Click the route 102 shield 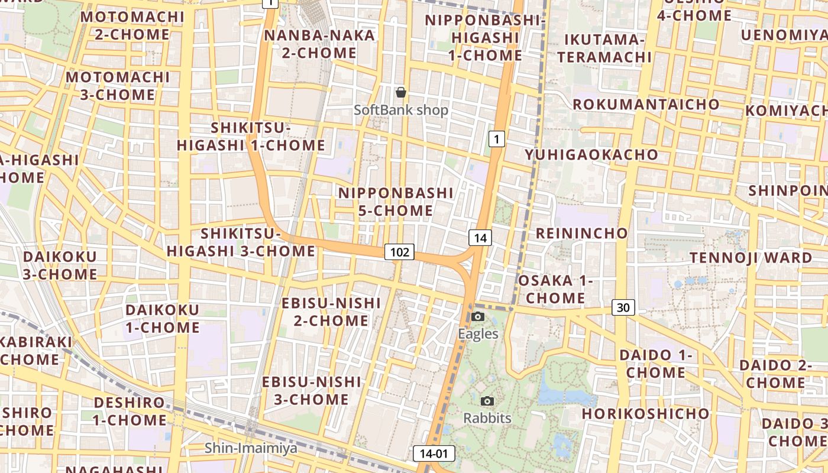pos(400,252)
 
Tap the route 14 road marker pos(480,238)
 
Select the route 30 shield pos(623,307)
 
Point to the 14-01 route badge pos(434,454)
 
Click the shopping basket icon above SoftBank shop pos(401,92)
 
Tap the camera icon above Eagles pos(478,317)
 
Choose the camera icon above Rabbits pos(487,401)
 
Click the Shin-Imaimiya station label pos(251,448)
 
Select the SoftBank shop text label pos(401,110)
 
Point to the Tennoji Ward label pos(751,258)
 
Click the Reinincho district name pos(581,233)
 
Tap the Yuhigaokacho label pos(591,155)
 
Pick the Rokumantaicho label pos(646,105)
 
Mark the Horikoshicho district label pos(645,413)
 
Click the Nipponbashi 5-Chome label pos(396,202)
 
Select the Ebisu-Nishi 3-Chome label pos(311,390)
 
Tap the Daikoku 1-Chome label pos(163,319)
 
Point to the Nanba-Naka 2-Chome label pos(319,44)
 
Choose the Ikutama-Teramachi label pos(604,48)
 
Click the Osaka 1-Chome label pos(555,289)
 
